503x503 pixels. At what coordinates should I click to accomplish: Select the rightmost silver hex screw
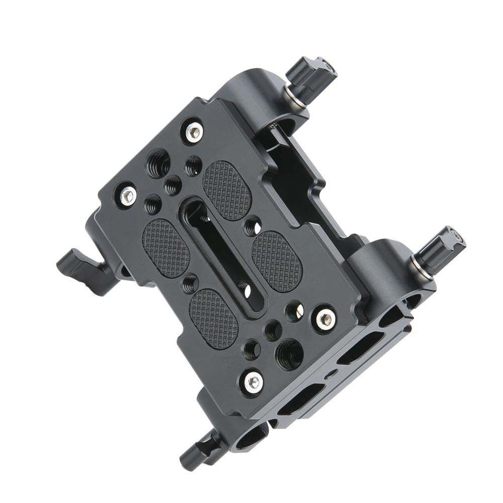323,317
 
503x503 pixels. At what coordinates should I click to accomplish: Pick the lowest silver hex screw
253,380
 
